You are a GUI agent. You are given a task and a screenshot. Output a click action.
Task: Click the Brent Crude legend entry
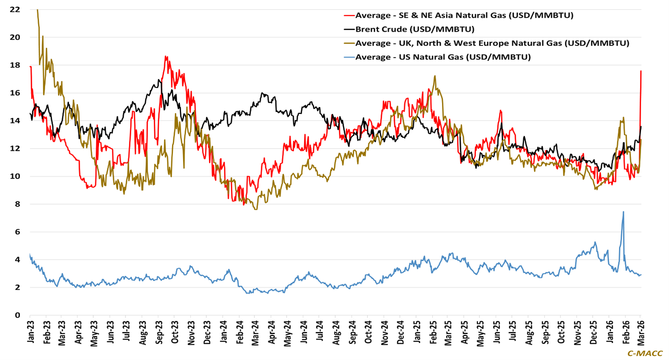click(x=415, y=29)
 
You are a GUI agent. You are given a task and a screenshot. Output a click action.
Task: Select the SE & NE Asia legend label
click(x=464, y=15)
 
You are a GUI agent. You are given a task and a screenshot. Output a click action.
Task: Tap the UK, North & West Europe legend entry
click(x=492, y=43)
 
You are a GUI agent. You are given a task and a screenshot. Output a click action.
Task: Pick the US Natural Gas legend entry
click(x=443, y=57)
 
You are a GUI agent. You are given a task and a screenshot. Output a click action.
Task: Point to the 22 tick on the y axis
click(x=15, y=9)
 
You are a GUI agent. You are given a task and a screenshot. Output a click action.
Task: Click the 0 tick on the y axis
click(x=17, y=315)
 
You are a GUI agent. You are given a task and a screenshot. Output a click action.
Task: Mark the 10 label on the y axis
click(x=15, y=176)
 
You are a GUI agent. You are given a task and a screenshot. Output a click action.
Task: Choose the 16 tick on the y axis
click(x=15, y=93)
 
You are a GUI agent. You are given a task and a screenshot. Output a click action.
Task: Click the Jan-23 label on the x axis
click(x=31, y=331)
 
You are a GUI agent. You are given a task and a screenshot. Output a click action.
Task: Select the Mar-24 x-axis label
click(x=255, y=331)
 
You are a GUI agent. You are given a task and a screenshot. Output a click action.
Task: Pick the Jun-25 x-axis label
click(x=496, y=331)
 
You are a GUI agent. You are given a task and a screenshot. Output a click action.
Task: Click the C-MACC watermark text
click(x=645, y=353)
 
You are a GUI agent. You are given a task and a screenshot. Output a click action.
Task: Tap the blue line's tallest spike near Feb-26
click(x=623, y=212)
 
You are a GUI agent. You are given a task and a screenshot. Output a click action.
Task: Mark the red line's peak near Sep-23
click(x=166, y=57)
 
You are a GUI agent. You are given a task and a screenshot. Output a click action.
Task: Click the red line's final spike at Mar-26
click(x=641, y=71)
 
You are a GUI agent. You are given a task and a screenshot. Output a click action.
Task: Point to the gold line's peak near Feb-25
click(x=435, y=76)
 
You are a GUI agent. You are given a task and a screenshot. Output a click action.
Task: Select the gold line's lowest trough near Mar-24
click(x=256, y=209)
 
